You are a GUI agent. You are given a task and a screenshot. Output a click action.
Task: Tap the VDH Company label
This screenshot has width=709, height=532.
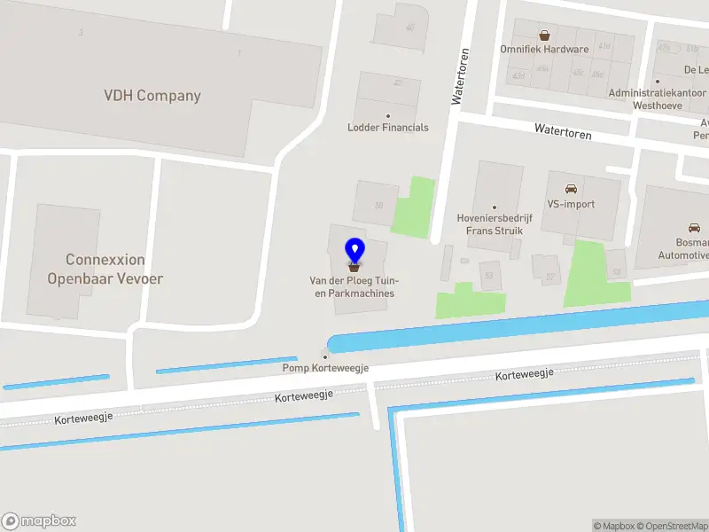coord(152,96)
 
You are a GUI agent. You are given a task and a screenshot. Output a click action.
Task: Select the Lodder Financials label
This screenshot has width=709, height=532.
coord(387,128)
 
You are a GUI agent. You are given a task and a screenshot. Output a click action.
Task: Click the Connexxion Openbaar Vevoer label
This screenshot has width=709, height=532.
coord(105,269)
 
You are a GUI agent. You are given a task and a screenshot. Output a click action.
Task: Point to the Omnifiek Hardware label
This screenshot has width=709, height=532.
coord(544,50)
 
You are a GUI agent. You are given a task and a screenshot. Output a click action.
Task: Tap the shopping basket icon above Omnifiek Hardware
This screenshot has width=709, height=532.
coord(544,35)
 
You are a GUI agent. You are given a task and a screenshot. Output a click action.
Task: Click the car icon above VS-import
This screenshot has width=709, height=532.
coord(571,189)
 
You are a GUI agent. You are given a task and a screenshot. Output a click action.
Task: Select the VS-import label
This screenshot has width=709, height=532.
coord(571,204)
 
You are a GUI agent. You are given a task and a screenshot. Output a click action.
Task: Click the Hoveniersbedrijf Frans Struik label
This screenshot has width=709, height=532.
coord(495,224)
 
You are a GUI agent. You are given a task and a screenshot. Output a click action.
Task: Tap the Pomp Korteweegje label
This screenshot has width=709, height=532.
coord(324,368)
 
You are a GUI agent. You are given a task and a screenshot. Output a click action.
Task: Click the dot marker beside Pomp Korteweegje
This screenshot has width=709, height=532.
coord(324,356)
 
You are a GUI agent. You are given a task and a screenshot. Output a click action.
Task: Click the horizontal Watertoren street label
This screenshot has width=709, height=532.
coord(562,131)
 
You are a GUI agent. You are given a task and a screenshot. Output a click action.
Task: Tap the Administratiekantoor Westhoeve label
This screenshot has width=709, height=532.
coord(658,98)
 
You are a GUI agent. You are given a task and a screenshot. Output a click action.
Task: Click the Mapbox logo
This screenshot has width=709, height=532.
coord(39,521)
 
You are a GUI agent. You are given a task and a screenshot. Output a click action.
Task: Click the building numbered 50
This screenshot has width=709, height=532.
coord(377,203)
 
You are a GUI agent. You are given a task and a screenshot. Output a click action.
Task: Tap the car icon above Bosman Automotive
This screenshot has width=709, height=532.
coord(694,227)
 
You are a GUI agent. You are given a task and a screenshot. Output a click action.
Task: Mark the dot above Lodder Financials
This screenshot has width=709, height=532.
coord(387,116)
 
